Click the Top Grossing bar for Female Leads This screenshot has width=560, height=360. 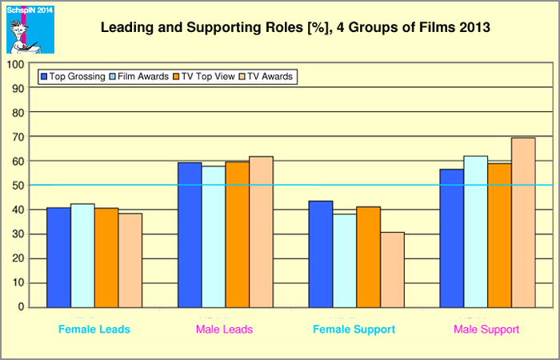(58, 258)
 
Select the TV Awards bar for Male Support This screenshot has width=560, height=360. (523, 222)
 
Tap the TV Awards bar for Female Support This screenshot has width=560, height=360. (393, 270)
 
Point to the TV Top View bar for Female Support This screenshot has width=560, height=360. (369, 257)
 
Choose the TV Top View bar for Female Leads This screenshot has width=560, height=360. (106, 258)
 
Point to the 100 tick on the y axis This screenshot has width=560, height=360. (16, 63)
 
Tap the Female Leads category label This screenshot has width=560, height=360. (94, 330)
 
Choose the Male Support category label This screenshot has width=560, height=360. (486, 330)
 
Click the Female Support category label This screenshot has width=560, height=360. (356, 330)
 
